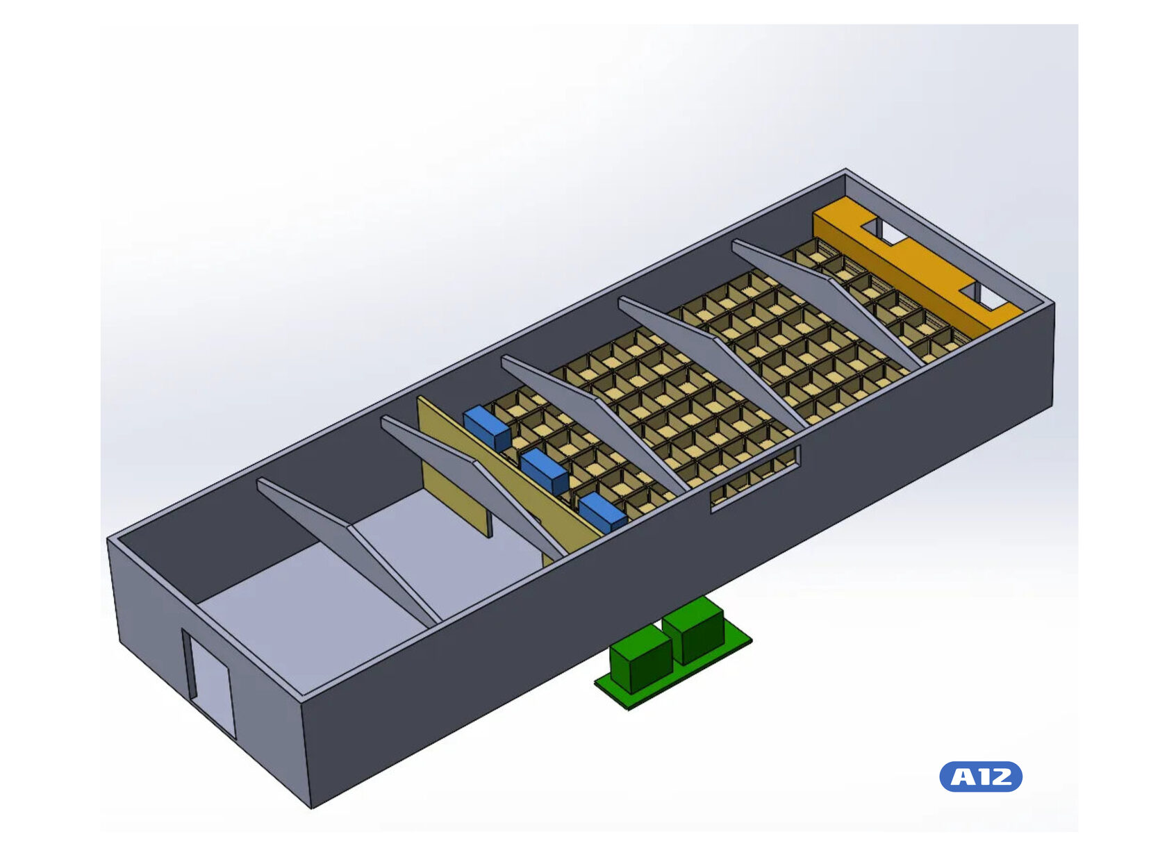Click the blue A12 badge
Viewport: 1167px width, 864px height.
pos(980,776)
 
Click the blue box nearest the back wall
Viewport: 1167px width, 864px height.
pos(487,428)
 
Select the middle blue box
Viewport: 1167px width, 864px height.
pos(545,472)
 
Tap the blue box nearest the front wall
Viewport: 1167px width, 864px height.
pos(602,513)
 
